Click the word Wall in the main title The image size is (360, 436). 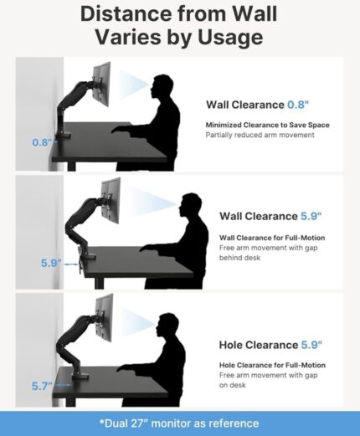pos(255,13)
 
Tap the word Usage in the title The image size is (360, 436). pos(230,37)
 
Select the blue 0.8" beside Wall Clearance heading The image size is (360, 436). pos(298,105)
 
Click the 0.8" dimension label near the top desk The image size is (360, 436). pos(43,142)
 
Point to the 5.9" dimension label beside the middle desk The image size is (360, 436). pos(51,263)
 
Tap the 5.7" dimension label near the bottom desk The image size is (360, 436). pos(42,386)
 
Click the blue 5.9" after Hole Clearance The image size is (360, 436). pos(311,345)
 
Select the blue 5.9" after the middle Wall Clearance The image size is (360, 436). pos(311,216)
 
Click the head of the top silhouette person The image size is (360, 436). pos(162,86)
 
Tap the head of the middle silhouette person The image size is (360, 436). pos(190,205)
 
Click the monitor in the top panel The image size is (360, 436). pos(101,84)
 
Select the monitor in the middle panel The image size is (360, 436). pos(111,200)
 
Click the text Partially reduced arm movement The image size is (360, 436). pos(260,135)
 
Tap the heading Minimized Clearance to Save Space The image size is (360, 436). pos(268,125)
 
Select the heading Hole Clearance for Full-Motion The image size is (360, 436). pos(272,365)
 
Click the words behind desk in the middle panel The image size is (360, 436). pos(239,258)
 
